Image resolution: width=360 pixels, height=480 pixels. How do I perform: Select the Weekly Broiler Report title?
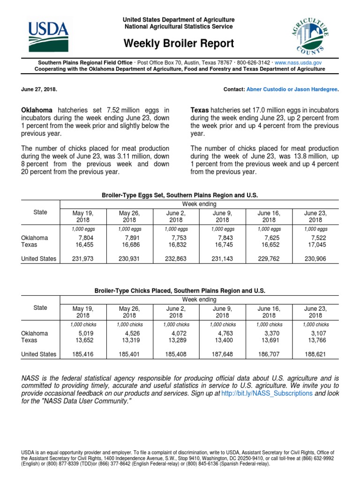tap(179, 44)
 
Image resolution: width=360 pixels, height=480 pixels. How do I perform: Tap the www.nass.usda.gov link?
tap(298, 62)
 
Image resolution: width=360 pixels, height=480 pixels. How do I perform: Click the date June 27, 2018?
tap(40, 89)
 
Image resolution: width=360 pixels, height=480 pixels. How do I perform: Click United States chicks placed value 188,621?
tap(316, 354)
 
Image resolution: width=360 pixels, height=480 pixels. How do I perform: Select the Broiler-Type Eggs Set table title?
tap(180, 195)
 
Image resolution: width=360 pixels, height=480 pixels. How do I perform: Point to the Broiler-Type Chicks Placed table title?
tap(180, 291)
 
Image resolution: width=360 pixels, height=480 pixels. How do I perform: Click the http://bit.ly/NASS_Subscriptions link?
tap(267, 394)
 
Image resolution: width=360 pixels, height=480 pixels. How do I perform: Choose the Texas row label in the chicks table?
tap(29, 340)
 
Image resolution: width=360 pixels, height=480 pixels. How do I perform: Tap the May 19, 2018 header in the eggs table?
tap(83, 216)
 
